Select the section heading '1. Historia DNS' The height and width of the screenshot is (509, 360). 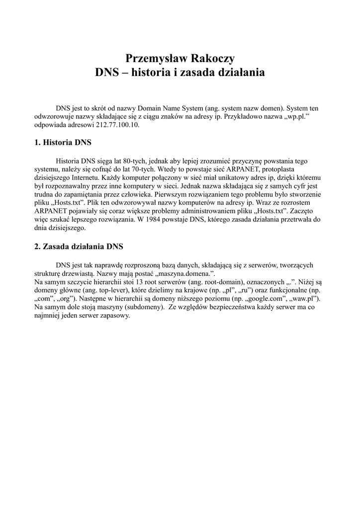coord(63,143)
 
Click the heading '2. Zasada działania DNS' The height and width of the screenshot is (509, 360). coord(79,247)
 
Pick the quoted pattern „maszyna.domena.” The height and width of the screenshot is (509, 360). coord(192,273)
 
